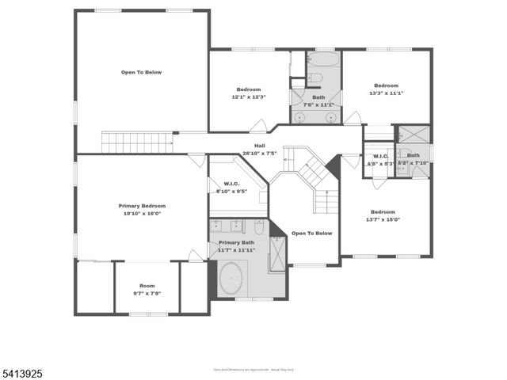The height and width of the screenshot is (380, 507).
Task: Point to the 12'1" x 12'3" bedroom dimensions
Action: [x=248, y=97]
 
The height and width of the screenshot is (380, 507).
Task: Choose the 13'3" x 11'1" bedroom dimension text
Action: [x=386, y=93]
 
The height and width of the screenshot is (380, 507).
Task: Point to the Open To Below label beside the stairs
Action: [x=311, y=234]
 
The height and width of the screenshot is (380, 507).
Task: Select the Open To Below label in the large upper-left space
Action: [x=141, y=72]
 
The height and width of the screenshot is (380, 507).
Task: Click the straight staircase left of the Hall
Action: [x=137, y=143]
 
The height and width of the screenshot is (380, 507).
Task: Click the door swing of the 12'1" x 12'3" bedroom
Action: [x=257, y=126]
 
